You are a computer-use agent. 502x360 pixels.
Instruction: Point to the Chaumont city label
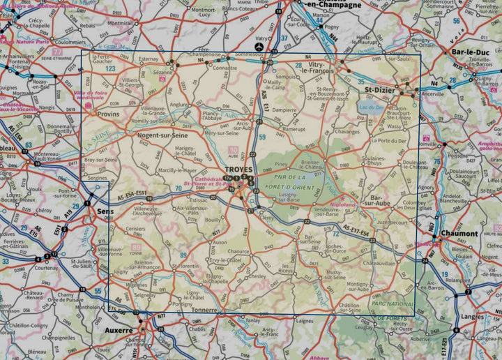point(458,234)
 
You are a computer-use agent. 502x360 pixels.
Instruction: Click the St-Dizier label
point(380,90)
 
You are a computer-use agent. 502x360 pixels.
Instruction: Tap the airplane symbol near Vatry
point(259,47)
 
